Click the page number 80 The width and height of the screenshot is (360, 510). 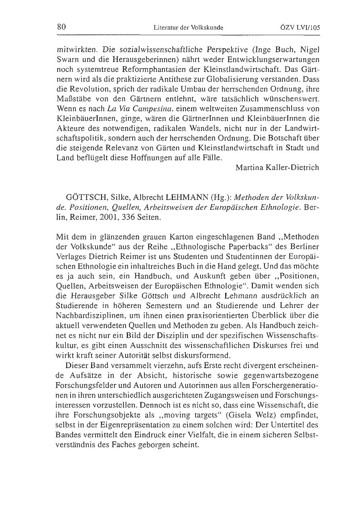click(x=61, y=27)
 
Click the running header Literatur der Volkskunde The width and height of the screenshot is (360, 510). click(x=188, y=27)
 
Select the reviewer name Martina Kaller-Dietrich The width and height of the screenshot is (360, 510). click(x=277, y=167)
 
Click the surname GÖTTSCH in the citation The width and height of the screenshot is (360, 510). click(x=89, y=198)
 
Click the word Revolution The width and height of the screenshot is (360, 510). click(x=93, y=89)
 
